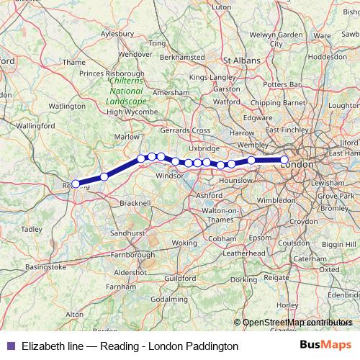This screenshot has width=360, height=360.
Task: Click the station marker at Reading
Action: [x=76, y=184]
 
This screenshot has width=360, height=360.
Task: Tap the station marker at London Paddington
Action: [x=284, y=160]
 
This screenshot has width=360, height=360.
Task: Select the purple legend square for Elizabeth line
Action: [x=10, y=346]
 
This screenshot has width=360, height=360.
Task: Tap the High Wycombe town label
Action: [x=132, y=112]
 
